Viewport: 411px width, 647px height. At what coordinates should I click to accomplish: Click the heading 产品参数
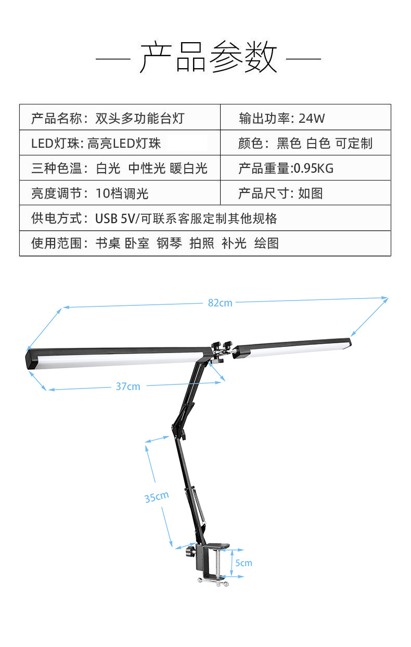[x=208, y=57]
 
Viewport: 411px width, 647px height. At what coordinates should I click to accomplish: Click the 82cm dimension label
[x=220, y=303]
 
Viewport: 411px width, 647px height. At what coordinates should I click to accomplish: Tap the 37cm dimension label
[x=128, y=386]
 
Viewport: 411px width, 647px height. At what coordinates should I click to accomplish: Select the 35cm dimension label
[x=157, y=497]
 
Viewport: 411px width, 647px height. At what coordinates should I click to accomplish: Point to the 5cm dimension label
[x=243, y=563]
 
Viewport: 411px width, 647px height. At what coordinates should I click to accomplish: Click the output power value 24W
[x=312, y=118]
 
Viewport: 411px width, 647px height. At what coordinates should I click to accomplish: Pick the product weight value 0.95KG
[x=314, y=168]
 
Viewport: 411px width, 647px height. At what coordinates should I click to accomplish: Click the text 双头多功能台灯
[x=140, y=118]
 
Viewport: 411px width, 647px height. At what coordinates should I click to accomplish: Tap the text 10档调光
[x=122, y=193]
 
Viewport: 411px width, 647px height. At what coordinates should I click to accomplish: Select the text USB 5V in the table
[x=114, y=218]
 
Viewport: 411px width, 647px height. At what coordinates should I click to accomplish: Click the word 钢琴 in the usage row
[x=170, y=243]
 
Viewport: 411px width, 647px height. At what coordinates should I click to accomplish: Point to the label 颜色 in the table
[x=250, y=144]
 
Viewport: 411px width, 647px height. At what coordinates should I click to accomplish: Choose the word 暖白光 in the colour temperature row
[x=188, y=168]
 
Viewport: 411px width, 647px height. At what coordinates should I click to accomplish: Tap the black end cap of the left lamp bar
[x=32, y=358]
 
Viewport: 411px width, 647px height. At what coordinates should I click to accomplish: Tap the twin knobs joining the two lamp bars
[x=221, y=346]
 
